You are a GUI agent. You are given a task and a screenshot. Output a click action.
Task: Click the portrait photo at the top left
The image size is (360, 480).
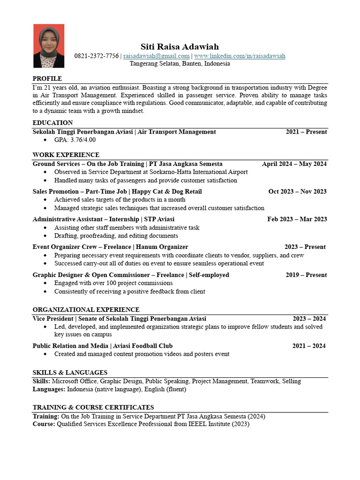click(49, 46)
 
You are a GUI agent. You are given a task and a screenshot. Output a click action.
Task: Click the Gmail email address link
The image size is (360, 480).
click(156, 56)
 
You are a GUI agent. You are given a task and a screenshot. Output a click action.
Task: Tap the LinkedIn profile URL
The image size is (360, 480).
click(240, 56)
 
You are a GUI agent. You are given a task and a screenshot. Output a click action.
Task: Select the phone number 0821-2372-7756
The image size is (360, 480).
click(97, 56)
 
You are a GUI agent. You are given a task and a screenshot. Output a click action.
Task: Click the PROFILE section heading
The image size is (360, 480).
click(47, 78)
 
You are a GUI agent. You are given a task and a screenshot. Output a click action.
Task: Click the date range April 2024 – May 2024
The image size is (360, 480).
click(294, 164)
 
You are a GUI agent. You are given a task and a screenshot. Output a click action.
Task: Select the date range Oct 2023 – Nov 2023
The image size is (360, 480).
click(297, 191)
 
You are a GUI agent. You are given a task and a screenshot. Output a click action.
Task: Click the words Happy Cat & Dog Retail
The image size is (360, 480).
click(167, 191)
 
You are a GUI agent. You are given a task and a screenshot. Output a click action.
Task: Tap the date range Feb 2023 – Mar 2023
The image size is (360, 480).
click(297, 219)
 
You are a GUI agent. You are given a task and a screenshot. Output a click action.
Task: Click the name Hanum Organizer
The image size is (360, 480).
click(162, 247)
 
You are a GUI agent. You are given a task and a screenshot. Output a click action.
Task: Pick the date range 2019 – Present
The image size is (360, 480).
click(306, 275)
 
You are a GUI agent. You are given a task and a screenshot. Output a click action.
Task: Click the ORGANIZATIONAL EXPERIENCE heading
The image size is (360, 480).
click(86, 309)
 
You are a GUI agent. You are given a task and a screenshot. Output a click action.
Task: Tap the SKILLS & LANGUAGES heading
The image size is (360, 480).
click(70, 372)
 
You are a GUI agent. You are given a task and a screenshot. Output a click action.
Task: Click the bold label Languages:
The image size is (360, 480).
click(49, 389)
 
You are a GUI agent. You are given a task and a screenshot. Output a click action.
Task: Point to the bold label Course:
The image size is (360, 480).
click(44, 424)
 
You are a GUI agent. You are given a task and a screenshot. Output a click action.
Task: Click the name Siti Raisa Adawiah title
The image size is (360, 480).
click(180, 46)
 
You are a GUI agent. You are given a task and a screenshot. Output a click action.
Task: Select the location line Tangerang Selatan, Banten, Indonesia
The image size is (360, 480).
click(180, 64)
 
